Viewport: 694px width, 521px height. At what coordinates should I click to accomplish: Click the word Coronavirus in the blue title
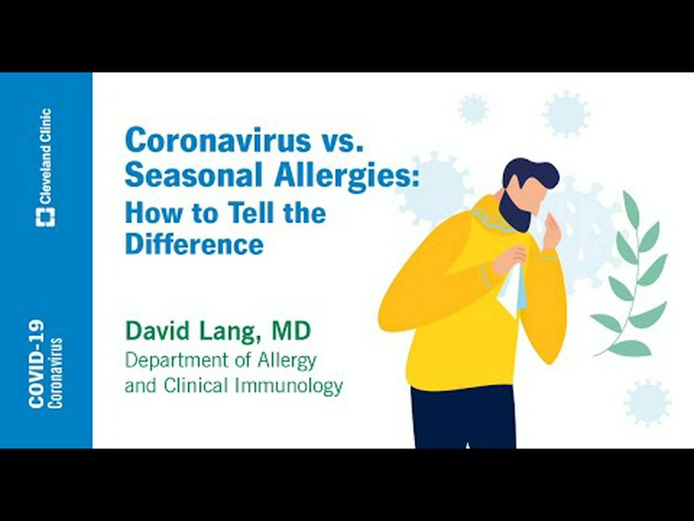pyautogui.click(x=218, y=140)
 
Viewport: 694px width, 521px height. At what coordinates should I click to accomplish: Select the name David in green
pyautogui.click(x=158, y=330)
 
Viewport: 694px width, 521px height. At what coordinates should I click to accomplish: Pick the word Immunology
pyautogui.click(x=289, y=386)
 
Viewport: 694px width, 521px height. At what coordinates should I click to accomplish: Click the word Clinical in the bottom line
pyautogui.click(x=196, y=385)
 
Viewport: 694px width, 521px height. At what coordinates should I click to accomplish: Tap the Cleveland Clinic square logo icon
pyautogui.click(x=46, y=217)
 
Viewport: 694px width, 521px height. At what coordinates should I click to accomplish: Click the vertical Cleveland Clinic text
pyautogui.click(x=46, y=156)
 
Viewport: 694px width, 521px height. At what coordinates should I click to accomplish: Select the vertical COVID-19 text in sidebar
pyautogui.click(x=36, y=364)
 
